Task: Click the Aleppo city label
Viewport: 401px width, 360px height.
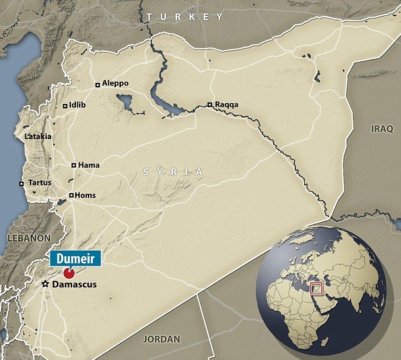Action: (x=115, y=84)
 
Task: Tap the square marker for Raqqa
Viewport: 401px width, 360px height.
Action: (x=209, y=105)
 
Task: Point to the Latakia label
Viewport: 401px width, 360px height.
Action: (x=38, y=136)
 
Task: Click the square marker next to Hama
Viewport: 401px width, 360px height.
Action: (x=73, y=165)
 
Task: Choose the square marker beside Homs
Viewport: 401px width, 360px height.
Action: (x=71, y=196)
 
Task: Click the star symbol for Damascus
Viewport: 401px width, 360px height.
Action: (x=46, y=285)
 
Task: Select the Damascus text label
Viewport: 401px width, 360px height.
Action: (x=75, y=285)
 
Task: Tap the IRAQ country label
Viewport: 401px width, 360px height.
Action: (x=382, y=128)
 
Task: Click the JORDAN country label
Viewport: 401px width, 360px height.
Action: (x=161, y=339)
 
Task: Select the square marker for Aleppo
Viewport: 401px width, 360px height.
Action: (x=97, y=84)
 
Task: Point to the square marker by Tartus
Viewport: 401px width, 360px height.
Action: (x=22, y=183)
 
